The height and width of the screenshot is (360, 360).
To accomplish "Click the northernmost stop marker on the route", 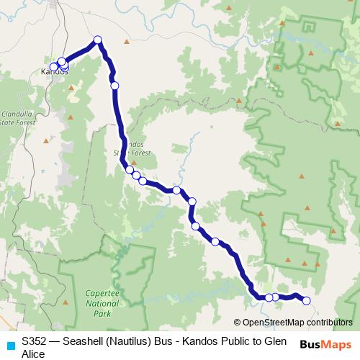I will (98, 40).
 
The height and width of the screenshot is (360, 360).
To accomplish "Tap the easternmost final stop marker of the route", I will (307, 301).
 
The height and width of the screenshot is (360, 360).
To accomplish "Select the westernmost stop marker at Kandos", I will (53, 67).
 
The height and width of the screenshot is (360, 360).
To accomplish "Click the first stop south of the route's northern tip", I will (114, 86).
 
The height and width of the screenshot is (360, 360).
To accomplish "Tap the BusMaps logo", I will (326, 344).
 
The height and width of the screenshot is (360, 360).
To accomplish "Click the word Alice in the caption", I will (33, 354).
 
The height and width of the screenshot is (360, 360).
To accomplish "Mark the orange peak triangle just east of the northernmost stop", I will (127, 42).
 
